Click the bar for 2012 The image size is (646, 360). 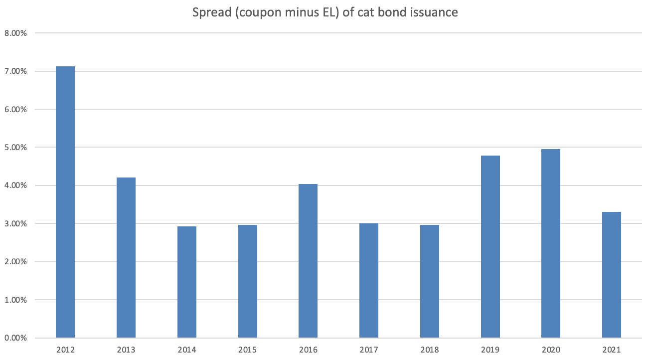pyautogui.click(x=65, y=202)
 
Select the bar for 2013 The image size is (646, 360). pyautogui.click(x=126, y=258)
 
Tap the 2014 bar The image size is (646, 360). pyautogui.click(x=187, y=282)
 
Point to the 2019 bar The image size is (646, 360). pyautogui.click(x=490, y=247)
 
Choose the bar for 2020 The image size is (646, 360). pyautogui.click(x=551, y=243)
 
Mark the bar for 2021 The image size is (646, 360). pyautogui.click(x=612, y=275)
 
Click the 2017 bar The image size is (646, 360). pyautogui.click(x=369, y=281)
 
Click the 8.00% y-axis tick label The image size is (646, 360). pyautogui.click(x=16, y=33)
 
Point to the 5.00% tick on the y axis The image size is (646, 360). pyautogui.click(x=16, y=148)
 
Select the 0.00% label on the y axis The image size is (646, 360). pyautogui.click(x=16, y=338)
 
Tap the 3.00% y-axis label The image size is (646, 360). pyautogui.click(x=16, y=224)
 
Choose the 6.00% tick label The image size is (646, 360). pyautogui.click(x=16, y=110)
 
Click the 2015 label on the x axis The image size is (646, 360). pyautogui.click(x=248, y=350)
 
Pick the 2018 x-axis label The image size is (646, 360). pyautogui.click(x=430, y=350)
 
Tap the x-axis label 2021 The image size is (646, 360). pyautogui.click(x=612, y=350)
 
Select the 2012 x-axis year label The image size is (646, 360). pyautogui.click(x=65, y=350)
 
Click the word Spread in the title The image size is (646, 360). pyautogui.click(x=210, y=12)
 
